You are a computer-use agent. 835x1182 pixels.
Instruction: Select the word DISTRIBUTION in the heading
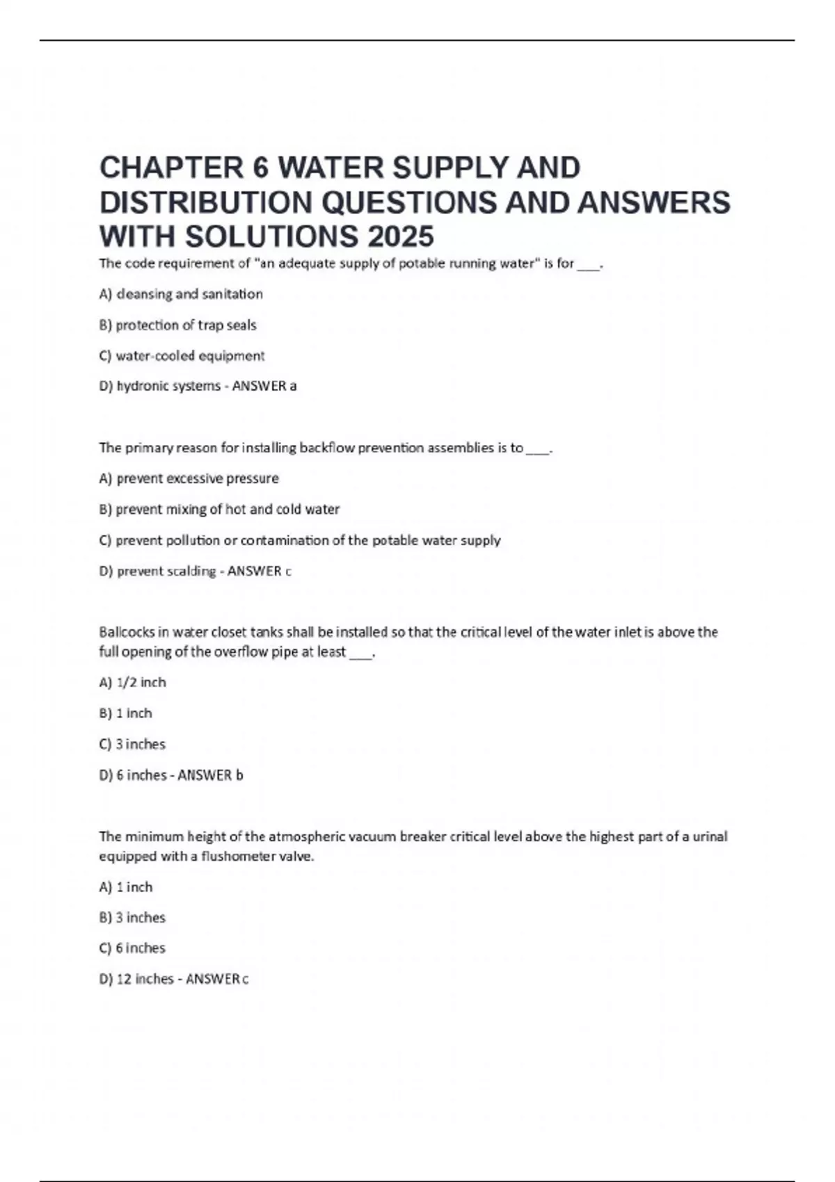point(206,202)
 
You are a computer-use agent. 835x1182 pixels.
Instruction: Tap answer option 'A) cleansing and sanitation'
point(181,294)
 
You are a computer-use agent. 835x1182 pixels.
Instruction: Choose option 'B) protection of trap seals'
point(178,325)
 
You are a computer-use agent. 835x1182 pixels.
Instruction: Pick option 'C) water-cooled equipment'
point(182,356)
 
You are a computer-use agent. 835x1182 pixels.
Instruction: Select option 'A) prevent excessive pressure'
point(189,478)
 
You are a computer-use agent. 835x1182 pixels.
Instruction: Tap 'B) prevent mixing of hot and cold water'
point(220,509)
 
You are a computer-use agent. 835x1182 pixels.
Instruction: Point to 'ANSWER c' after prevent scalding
point(260,571)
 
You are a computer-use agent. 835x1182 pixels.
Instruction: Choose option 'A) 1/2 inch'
point(133,682)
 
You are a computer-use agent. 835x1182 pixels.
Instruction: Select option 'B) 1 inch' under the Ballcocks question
point(126,713)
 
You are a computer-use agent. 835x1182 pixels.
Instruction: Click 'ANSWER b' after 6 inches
point(210,775)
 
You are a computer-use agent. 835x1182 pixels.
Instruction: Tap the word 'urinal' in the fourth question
point(710,836)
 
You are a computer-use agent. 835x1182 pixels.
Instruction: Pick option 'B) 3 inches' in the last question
point(133,917)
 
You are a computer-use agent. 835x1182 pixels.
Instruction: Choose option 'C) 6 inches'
point(133,948)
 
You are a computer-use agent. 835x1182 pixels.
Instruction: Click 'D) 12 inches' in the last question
point(136,978)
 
